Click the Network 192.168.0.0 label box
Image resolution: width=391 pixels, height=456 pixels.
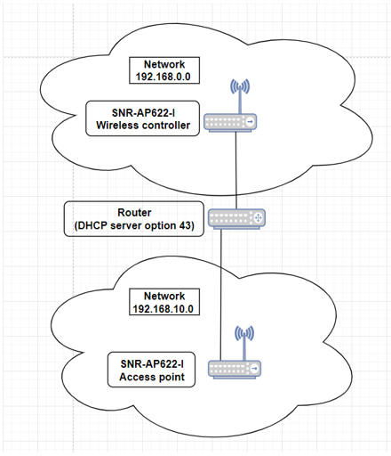click(164, 70)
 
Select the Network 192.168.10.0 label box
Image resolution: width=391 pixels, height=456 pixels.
click(164, 302)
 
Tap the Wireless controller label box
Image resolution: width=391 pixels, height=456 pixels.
click(143, 118)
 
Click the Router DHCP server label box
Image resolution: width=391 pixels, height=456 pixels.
click(134, 219)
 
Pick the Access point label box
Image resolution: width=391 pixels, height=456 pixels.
click(151, 370)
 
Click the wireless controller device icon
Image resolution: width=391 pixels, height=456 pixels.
click(230, 122)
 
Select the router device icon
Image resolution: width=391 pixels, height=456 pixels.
click(236, 219)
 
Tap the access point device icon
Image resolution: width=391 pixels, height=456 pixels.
click(235, 370)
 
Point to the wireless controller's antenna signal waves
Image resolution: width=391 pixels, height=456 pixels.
click(240, 86)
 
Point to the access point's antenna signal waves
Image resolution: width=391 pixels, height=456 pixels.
click(244, 334)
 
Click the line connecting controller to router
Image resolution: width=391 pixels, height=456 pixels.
click(236, 170)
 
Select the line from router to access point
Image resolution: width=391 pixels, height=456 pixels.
click(221, 295)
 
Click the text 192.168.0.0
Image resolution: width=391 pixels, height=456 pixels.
click(163, 77)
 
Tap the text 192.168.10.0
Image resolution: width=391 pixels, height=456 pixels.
click(163, 309)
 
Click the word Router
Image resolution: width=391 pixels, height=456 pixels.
click(134, 213)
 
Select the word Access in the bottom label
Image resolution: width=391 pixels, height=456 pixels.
click(134, 377)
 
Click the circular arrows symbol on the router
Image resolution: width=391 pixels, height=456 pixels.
click(258, 218)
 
